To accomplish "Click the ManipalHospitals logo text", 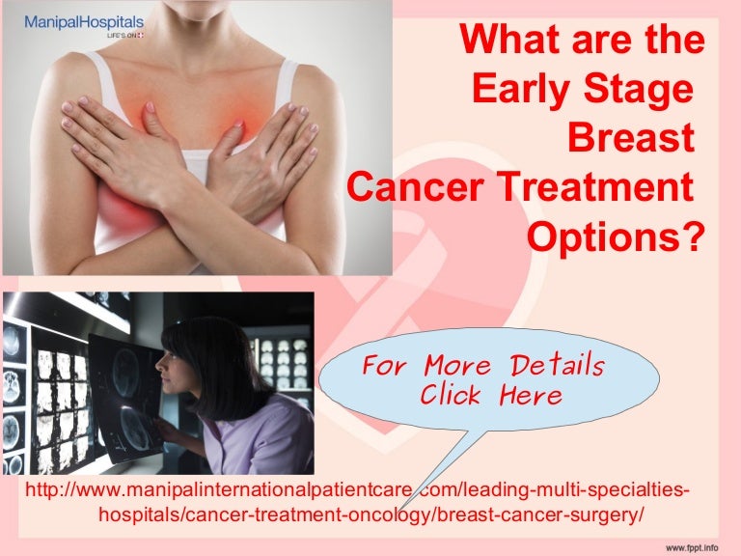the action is pyautogui.click(x=84, y=23).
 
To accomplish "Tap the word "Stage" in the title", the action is pyautogui.click(x=638, y=91).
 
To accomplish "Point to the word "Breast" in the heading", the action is pyautogui.click(x=631, y=137).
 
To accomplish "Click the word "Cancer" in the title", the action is pyautogui.click(x=415, y=186).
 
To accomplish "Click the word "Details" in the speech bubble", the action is pyautogui.click(x=558, y=365).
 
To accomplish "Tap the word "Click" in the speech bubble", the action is pyautogui.click(x=451, y=394).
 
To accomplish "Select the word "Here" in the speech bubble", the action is pyautogui.click(x=531, y=394).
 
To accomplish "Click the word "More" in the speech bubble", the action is pyautogui.click(x=457, y=365).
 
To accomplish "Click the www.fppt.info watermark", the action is pyautogui.click(x=692, y=547).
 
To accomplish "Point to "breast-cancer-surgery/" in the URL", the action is pyautogui.click(x=540, y=514).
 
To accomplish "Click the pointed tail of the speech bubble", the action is pyautogui.click(x=399, y=510).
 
